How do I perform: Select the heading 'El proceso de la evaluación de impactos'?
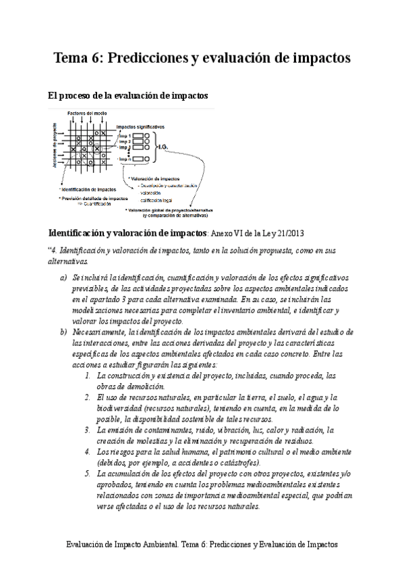click(x=128, y=97)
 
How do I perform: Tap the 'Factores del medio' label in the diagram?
click(x=86, y=112)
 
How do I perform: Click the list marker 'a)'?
click(x=63, y=278)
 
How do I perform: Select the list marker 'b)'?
click(x=63, y=332)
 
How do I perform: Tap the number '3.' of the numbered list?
click(x=88, y=429)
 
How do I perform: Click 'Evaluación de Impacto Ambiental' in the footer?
click(x=123, y=543)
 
